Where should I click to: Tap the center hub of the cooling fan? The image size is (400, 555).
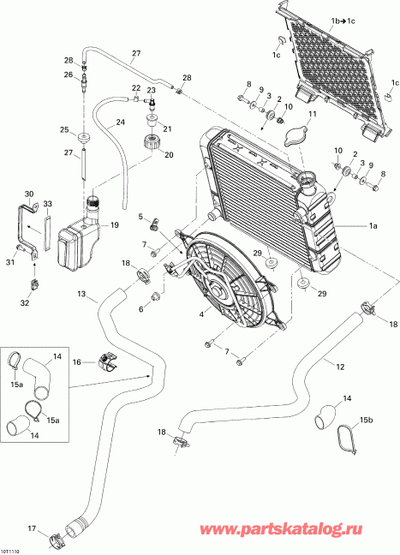tap(218, 290)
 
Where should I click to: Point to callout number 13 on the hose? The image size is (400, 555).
tap(81, 295)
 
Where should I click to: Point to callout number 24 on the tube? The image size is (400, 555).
tap(120, 122)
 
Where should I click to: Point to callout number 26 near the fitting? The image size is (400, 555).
tap(68, 75)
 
